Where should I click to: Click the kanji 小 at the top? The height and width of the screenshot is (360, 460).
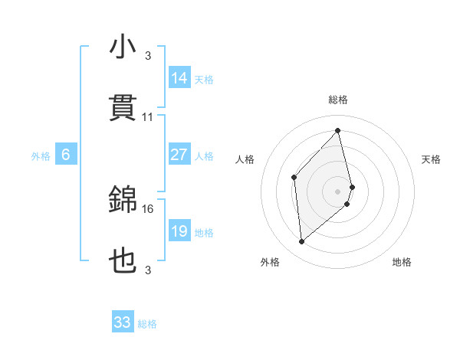(123, 48)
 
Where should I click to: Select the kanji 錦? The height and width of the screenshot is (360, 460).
(123, 201)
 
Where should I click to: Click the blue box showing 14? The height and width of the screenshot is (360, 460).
(179, 78)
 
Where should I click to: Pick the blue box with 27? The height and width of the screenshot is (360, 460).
(179, 155)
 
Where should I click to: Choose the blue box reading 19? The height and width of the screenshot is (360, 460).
(179, 231)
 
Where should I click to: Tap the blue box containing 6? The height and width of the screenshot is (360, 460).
(66, 155)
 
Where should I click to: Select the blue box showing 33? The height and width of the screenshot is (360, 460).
(123, 322)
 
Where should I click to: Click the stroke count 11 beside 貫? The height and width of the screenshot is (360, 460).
(148, 117)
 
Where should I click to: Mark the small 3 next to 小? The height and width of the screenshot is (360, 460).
(148, 56)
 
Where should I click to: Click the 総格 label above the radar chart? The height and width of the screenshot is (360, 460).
(338, 100)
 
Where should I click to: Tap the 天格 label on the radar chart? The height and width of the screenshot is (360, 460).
(432, 159)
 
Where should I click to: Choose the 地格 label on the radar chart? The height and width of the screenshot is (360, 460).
(402, 263)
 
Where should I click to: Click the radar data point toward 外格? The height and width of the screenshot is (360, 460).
(302, 241)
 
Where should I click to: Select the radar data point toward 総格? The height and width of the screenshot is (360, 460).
(338, 131)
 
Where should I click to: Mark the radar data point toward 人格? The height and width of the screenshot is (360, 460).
(294, 177)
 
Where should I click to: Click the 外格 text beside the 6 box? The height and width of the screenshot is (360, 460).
(41, 156)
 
